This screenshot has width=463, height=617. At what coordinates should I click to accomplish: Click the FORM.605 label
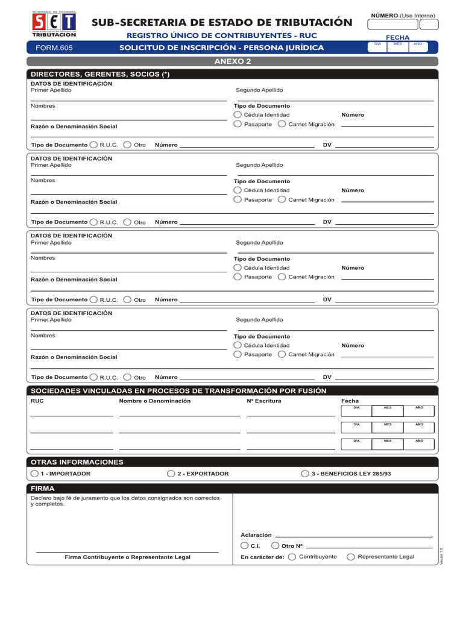[54, 48]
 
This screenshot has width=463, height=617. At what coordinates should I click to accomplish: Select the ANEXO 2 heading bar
[232, 61]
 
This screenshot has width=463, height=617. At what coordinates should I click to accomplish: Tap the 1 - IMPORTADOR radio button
[35, 474]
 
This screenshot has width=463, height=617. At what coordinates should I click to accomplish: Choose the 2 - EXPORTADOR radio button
[171, 474]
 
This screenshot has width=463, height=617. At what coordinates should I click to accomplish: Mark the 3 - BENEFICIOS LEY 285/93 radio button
[305, 474]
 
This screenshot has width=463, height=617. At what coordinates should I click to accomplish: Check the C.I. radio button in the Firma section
[244, 545]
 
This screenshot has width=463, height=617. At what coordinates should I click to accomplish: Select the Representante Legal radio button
[351, 557]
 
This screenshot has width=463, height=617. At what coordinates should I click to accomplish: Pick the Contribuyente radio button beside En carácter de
[292, 557]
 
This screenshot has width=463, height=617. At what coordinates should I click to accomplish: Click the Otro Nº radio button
[276, 545]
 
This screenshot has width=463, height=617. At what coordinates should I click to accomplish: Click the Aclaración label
[256, 535]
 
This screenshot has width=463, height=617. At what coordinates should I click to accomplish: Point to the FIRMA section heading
[43, 489]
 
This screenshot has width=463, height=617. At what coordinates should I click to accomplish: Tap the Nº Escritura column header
[263, 401]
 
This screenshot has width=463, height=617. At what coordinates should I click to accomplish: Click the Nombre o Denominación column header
[154, 401]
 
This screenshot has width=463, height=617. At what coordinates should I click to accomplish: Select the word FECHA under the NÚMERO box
[397, 37]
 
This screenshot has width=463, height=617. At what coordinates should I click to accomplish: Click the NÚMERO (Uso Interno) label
[402, 15]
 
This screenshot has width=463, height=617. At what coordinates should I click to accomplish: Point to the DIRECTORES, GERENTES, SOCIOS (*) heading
[100, 74]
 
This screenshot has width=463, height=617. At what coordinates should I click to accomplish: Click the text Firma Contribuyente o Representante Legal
[127, 557]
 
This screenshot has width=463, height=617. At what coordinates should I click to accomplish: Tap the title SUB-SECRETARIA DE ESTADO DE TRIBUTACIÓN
[221, 22]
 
